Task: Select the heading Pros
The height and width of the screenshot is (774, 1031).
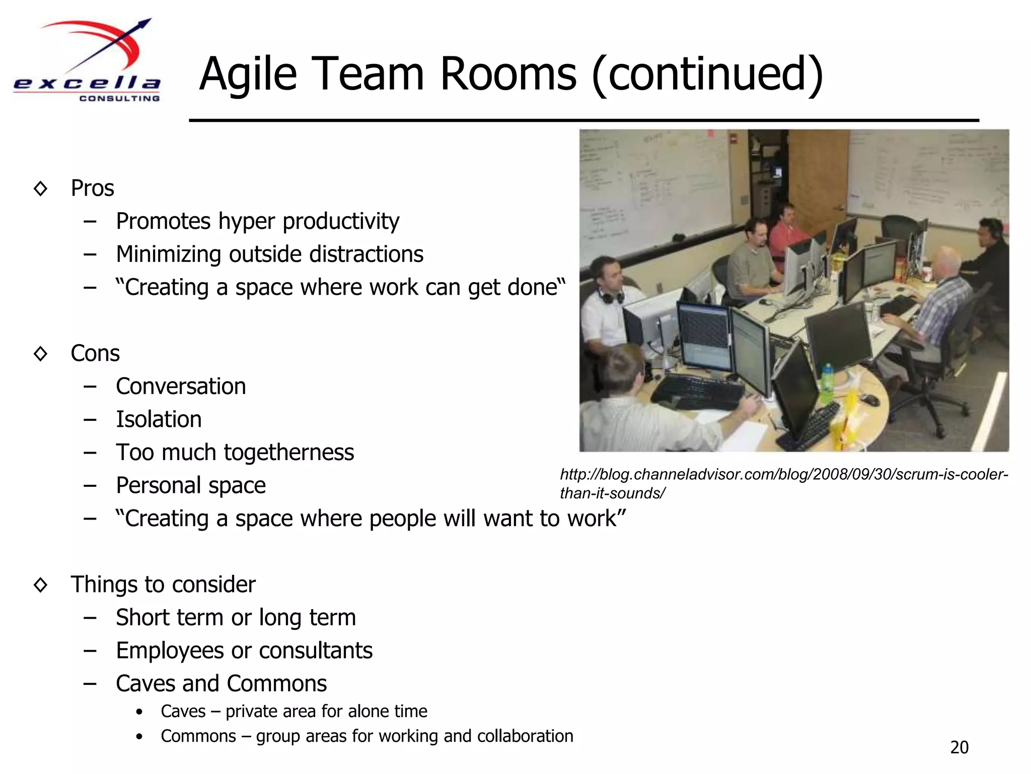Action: click(93, 188)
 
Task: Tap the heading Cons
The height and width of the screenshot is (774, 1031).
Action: click(95, 353)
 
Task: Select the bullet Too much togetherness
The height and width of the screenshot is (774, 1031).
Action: click(235, 453)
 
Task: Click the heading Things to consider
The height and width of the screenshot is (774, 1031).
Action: click(163, 585)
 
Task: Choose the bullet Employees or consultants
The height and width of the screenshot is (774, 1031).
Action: click(244, 651)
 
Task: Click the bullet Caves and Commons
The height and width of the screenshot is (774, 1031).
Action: click(221, 684)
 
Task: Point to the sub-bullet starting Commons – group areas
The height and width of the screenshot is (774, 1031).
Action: click(366, 736)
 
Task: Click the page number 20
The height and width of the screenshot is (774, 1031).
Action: click(959, 747)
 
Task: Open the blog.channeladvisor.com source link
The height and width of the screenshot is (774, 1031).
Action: click(783, 483)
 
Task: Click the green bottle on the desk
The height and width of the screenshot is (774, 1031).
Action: click(827, 383)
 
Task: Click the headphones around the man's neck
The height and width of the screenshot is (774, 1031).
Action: click(610, 295)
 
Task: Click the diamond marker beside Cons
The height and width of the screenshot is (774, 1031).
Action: click(40, 353)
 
